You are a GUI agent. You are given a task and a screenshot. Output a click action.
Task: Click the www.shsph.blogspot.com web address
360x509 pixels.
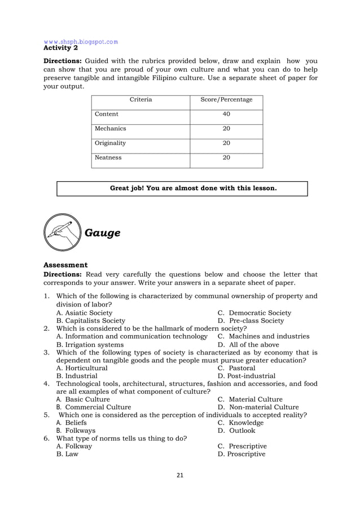[x=81, y=41]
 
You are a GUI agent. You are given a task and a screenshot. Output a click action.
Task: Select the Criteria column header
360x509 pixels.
[x=141, y=100]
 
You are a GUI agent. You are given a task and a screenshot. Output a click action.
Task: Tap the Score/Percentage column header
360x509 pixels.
[x=226, y=100]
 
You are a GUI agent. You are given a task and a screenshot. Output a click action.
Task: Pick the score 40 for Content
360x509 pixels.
[x=226, y=114]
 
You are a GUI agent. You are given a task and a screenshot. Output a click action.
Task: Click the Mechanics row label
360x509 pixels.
[x=110, y=129]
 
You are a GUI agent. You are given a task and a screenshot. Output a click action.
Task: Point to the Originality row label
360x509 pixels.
[x=110, y=143]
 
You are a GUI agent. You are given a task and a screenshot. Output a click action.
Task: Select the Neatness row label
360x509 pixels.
[x=108, y=157]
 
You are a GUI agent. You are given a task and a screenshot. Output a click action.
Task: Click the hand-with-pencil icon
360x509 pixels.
[x=62, y=232]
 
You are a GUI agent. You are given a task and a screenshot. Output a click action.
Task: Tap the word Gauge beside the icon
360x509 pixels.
[x=102, y=232]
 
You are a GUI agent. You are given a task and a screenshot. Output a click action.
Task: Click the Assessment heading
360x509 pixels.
[x=65, y=265]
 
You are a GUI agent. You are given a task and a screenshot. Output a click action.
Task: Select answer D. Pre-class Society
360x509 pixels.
[x=251, y=321]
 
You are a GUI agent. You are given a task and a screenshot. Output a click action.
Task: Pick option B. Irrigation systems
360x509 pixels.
[x=90, y=344]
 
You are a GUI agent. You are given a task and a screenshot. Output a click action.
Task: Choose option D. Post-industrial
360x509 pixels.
[x=247, y=375]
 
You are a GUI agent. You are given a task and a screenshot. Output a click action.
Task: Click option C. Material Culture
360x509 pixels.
[x=250, y=399]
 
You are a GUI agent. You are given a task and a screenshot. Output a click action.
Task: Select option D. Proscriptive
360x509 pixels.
[x=242, y=454]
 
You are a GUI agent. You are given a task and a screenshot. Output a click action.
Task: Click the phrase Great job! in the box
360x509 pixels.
[x=126, y=188]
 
